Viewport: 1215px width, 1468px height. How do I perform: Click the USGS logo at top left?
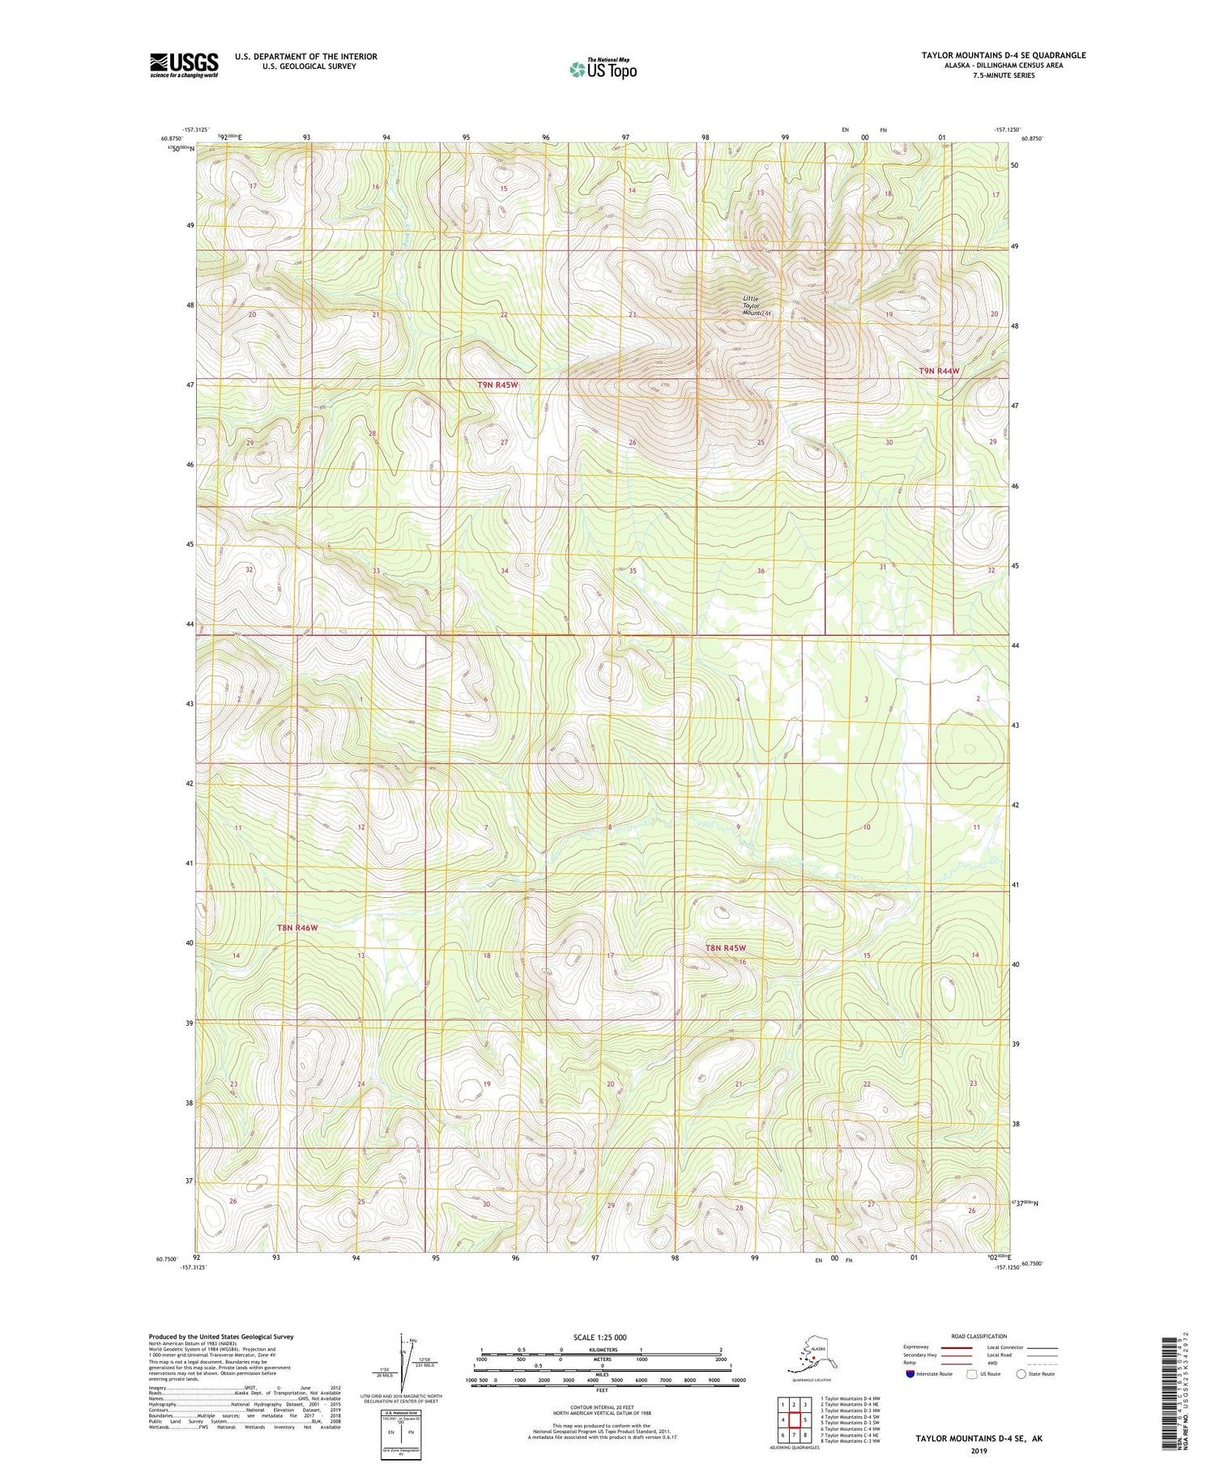(184, 65)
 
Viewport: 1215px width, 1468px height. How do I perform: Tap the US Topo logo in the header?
(603, 69)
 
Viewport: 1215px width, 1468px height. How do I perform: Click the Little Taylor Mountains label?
(757, 305)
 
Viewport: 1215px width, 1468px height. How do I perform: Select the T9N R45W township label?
(497, 385)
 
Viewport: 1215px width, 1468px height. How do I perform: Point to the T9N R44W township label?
(939, 370)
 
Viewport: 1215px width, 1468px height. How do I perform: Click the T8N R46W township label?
(296, 927)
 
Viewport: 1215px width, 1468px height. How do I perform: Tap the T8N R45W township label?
(725, 947)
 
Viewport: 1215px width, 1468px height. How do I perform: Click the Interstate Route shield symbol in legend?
(910, 1373)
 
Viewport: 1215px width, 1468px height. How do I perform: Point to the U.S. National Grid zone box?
(401, 1432)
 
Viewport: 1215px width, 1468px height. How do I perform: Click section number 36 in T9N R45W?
(761, 571)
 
